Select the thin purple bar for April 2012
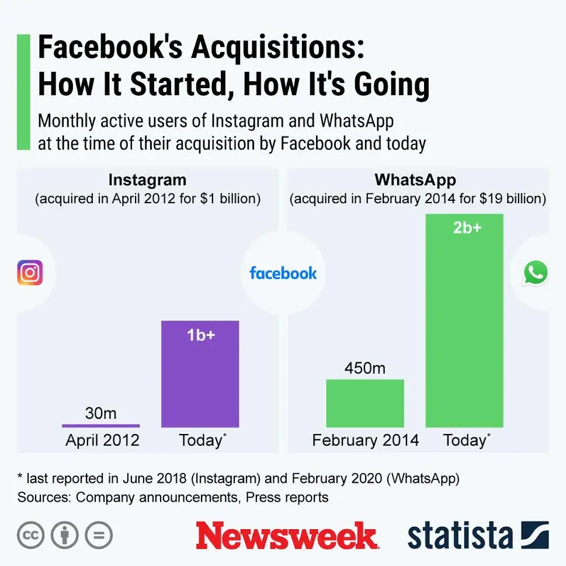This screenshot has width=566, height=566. click(100, 425)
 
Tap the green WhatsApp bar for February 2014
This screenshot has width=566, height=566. click(365, 403)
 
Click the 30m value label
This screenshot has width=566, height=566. click(100, 414)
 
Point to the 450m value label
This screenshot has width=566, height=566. click(365, 368)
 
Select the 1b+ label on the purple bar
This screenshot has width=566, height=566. click(200, 336)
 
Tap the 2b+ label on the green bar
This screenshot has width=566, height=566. click(467, 228)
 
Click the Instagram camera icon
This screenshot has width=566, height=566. click(30, 273)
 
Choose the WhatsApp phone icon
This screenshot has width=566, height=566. click(536, 273)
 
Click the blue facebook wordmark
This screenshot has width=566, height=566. click(283, 273)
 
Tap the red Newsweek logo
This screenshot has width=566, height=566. click(287, 536)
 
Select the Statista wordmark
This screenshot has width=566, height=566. click(460, 536)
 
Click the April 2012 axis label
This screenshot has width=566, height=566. click(102, 440)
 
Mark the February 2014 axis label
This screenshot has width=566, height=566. click(366, 440)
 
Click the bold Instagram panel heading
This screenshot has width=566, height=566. click(147, 179)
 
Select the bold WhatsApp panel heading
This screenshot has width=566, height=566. click(415, 179)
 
